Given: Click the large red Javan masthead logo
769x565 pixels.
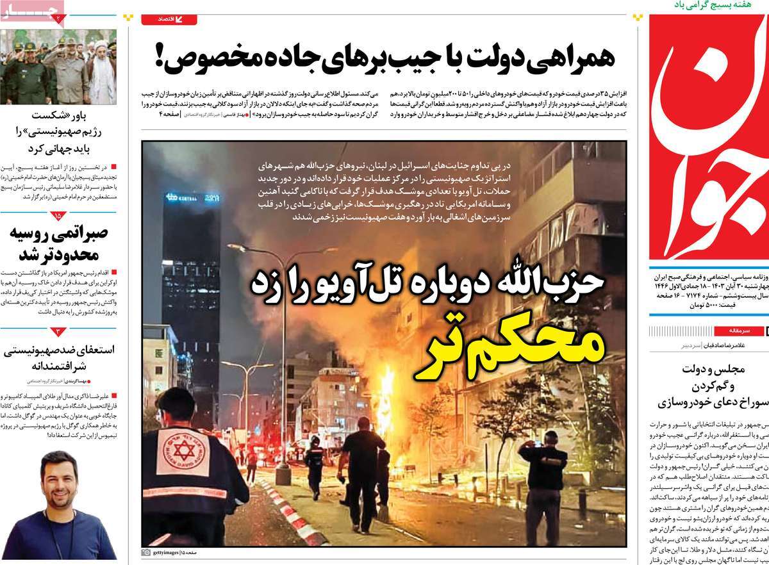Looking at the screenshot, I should click(708, 138).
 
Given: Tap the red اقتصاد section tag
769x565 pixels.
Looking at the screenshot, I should click(168, 20).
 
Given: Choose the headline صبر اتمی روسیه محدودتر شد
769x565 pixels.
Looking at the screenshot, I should click(58, 243).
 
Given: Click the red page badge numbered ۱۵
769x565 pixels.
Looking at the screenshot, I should click(58, 217).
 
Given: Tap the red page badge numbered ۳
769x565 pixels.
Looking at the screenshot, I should click(58, 332).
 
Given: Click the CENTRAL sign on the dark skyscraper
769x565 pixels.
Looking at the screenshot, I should click(182, 199).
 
